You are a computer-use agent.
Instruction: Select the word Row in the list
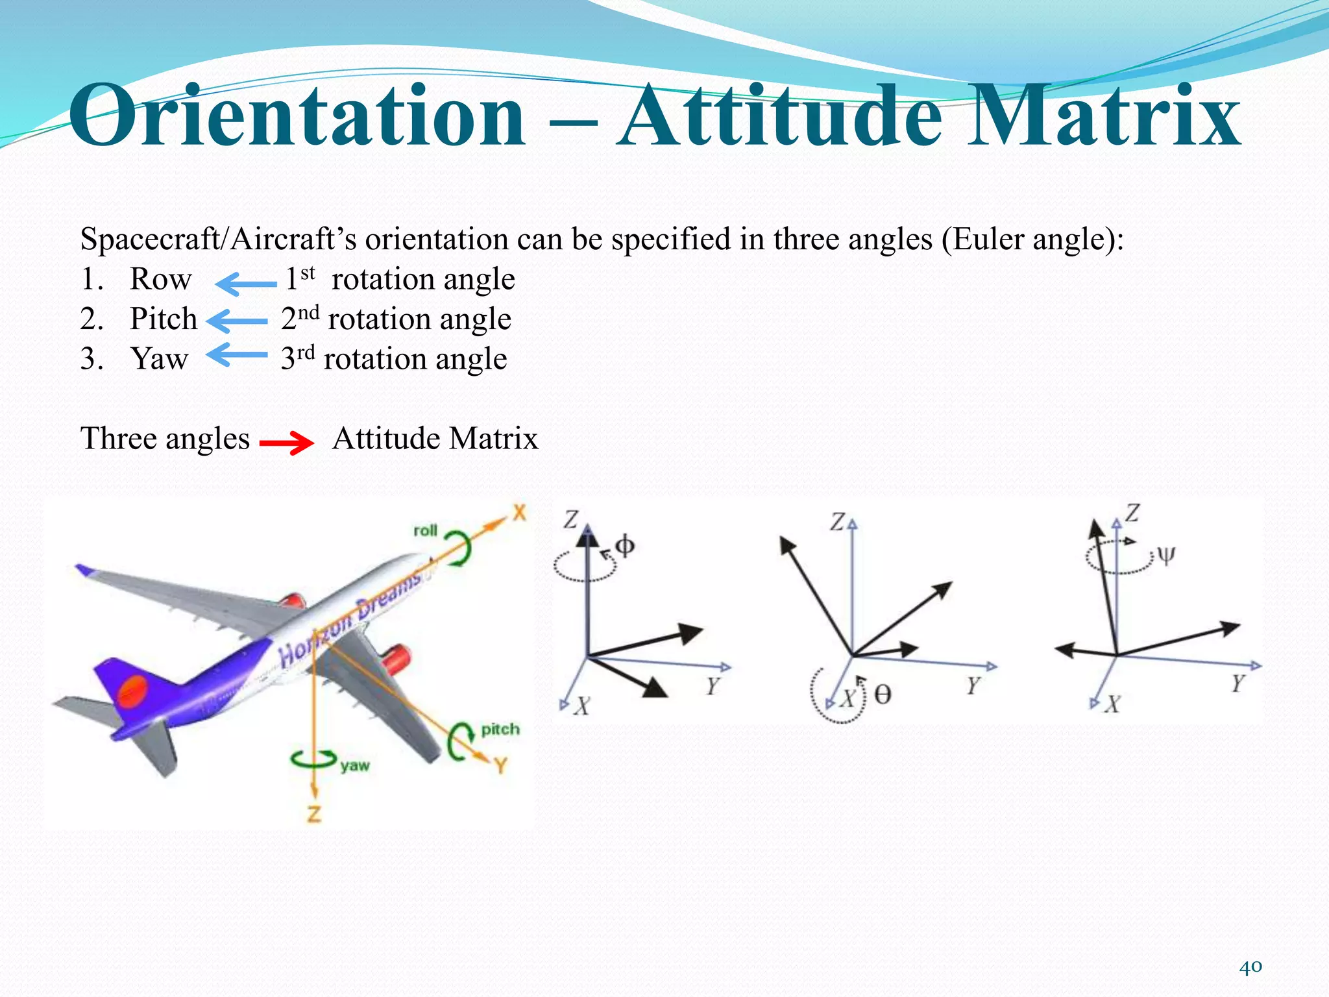(x=160, y=280)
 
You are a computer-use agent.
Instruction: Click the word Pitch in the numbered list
(x=164, y=319)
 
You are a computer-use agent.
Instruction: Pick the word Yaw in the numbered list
(x=159, y=359)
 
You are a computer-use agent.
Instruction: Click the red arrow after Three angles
(x=287, y=443)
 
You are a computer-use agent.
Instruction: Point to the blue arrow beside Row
(x=245, y=284)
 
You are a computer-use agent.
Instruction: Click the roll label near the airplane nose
(x=426, y=530)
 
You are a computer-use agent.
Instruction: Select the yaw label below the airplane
(x=355, y=765)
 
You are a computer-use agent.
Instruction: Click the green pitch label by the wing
(x=500, y=730)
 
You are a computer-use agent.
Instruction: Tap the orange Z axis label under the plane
(x=314, y=814)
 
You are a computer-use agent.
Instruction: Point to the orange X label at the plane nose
(x=519, y=513)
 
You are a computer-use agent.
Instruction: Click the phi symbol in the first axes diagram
(x=624, y=546)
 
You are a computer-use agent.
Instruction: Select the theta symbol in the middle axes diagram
(x=883, y=695)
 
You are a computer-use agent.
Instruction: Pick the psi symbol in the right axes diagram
(x=1165, y=556)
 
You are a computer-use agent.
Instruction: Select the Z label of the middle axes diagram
(x=838, y=522)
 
